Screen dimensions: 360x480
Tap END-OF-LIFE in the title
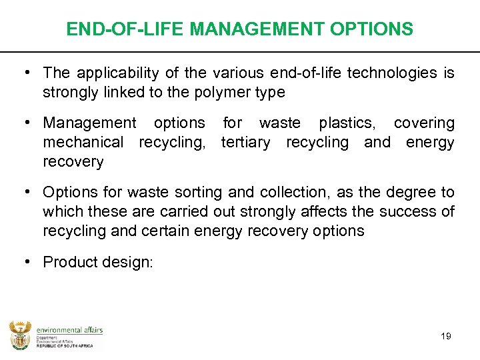coord(125,29)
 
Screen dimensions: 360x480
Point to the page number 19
coord(446,336)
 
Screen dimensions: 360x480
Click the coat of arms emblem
coord(20,335)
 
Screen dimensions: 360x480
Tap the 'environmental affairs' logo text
coord(69,329)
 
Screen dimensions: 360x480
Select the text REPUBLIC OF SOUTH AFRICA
coord(65,347)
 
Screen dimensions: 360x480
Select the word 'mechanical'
coord(83,142)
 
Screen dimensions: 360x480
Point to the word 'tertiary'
coord(245,142)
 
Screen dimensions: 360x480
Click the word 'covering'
coord(424,123)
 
